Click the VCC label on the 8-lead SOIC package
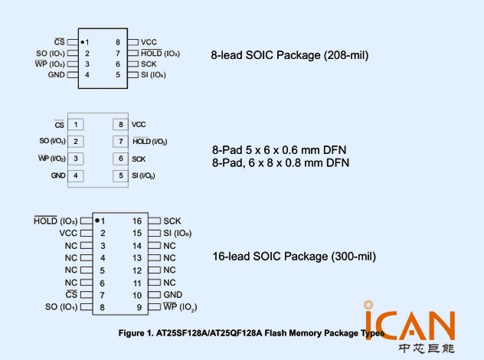149,42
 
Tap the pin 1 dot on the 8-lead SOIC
82,41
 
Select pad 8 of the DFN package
119,124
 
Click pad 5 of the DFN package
119,176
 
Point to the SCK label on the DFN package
139,159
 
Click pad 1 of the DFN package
76,124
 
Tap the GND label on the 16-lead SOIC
172,295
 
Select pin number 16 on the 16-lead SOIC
137,221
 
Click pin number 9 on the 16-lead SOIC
139,307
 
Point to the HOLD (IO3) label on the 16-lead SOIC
56,221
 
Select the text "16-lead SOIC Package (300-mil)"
294,257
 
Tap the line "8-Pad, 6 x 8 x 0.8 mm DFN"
280,163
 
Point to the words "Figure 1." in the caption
136,334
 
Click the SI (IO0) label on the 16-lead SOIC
177,233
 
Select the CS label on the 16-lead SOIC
71,295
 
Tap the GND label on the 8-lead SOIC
57,75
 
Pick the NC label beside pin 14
169,245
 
